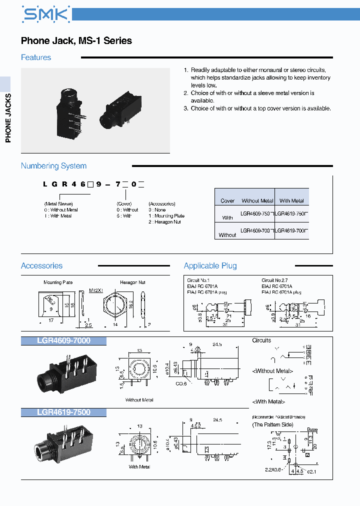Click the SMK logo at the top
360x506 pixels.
[45, 14]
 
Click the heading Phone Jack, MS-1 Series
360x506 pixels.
[76, 41]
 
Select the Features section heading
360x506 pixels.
[36, 57]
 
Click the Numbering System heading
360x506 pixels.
[53, 166]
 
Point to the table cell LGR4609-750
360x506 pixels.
[257, 213]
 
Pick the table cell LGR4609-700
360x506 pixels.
[257, 230]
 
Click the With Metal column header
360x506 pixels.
[291, 200]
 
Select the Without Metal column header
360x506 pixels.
[257, 200]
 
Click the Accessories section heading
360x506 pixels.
[42, 266]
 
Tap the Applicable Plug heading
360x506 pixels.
[210, 266]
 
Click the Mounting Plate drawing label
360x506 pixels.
[58, 282]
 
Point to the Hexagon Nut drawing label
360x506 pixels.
[132, 282]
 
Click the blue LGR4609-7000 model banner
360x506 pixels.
[63, 341]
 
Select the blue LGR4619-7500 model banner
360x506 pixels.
[63, 412]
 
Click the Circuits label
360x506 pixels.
[261, 340]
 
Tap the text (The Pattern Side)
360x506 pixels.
[272, 424]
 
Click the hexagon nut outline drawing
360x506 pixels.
[117, 305]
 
